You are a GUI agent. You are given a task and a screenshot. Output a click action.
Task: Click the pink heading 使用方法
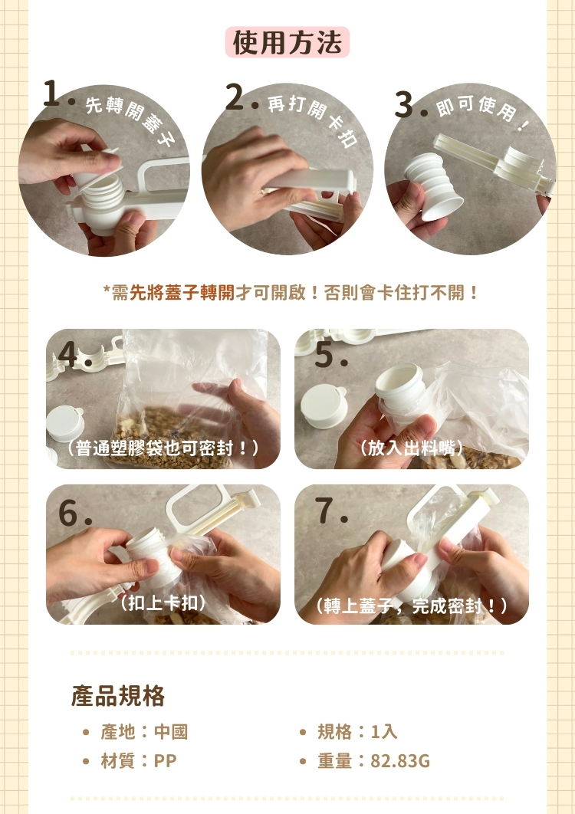[287, 43]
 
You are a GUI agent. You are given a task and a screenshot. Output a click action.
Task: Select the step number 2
[236, 98]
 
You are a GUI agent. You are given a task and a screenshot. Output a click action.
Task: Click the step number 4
[70, 355]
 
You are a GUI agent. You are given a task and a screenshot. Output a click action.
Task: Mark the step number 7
[327, 512]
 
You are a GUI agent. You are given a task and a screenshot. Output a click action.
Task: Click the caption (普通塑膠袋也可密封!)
[163, 448]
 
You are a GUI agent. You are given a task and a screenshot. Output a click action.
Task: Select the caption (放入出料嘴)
[412, 448]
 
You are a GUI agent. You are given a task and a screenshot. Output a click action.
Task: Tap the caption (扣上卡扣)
[163, 603]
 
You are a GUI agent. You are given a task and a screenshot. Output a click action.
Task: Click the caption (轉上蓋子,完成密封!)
[412, 606]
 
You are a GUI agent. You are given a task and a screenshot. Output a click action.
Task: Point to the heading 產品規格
[118, 695]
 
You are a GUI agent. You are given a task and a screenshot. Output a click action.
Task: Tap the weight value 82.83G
[400, 761]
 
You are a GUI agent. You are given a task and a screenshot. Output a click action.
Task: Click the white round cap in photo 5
[324, 406]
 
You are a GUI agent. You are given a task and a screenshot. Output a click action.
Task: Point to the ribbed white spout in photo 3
[433, 185]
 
